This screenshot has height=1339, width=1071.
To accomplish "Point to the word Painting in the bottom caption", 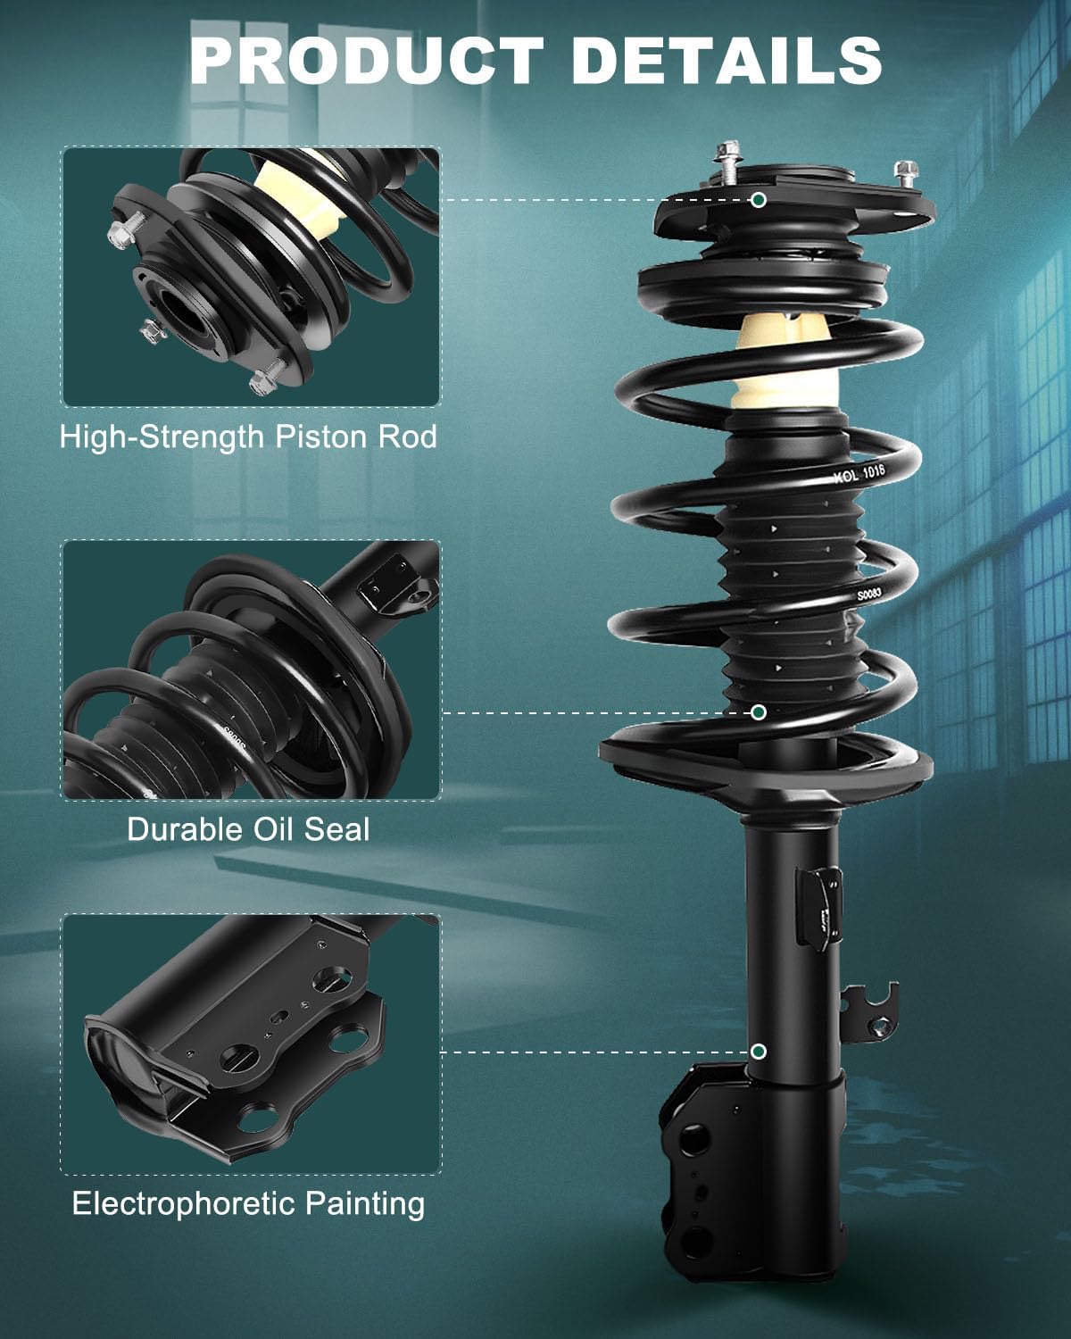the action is point(365,1204).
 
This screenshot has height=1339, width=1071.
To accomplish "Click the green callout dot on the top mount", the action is point(758,200).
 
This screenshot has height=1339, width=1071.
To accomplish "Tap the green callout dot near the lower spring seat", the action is point(758,712).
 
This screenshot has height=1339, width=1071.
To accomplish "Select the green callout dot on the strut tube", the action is point(758,1052).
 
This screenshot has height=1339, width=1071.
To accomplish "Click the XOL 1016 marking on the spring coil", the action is point(859,473).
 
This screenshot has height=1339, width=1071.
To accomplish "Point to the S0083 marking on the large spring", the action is point(869,595).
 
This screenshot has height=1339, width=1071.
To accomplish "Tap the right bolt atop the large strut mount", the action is point(906,175).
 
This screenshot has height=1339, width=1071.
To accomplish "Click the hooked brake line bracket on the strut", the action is point(871,1013).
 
